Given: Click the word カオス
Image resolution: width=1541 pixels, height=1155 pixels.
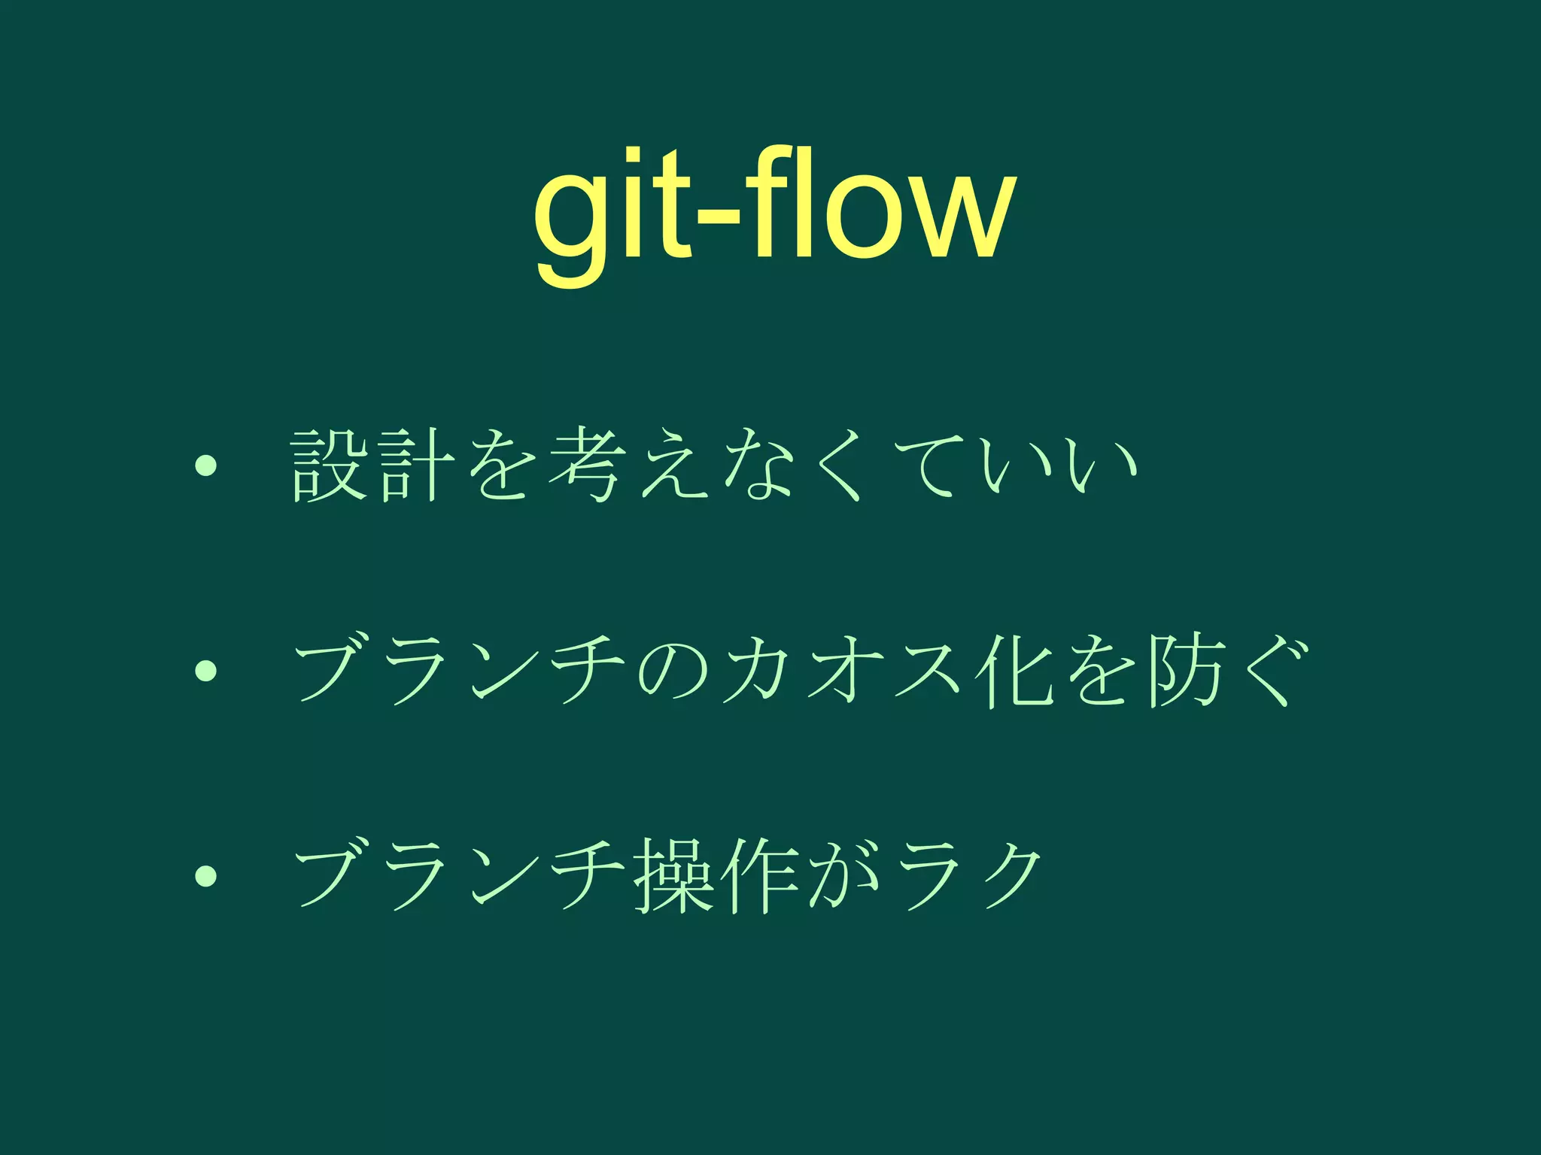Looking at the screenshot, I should [843, 670].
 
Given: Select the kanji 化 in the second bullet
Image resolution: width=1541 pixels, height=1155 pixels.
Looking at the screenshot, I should [1012, 670].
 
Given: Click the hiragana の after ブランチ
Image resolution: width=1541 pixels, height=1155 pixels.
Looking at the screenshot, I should [673, 670].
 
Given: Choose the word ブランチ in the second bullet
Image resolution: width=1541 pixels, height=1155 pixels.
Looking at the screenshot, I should [459, 670].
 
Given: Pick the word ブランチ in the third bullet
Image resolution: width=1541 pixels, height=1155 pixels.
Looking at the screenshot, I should [459, 875].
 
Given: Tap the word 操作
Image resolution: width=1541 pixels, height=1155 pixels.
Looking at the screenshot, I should [715, 875].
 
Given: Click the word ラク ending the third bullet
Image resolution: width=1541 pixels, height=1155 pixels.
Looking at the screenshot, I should [971, 875].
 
